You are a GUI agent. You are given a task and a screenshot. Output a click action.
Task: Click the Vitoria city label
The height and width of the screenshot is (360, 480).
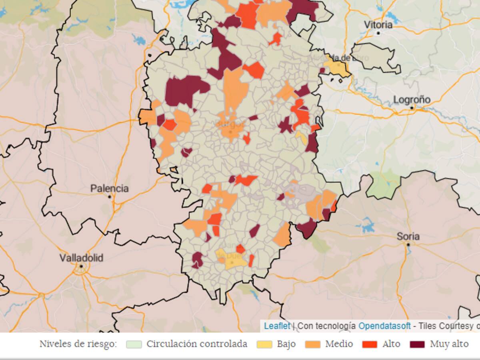pos(378,25)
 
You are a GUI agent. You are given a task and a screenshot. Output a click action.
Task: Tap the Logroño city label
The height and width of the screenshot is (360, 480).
pos(412,100)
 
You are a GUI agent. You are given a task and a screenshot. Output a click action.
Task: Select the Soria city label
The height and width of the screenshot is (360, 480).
pos(408,236)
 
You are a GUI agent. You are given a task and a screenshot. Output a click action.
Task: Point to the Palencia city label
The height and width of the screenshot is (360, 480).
pos(109,188)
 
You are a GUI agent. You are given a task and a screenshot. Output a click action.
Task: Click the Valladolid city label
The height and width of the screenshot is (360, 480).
pos(81,258)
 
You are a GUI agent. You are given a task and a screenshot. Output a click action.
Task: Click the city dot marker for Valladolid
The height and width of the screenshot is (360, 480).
pos(81,266)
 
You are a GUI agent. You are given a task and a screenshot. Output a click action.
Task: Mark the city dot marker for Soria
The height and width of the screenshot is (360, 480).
pos(408,244)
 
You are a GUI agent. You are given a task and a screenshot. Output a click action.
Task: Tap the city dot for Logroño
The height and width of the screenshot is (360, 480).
pos(412,108)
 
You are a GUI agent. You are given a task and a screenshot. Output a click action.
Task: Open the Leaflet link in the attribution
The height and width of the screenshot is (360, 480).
pos(277,326)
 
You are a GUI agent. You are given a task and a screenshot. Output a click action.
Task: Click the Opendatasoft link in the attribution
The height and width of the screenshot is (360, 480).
pos(384,326)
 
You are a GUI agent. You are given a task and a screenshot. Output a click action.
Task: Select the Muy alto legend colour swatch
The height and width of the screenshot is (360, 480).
pos(417,344)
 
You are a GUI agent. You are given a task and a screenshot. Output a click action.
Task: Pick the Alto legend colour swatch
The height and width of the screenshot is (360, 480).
pos(370,344)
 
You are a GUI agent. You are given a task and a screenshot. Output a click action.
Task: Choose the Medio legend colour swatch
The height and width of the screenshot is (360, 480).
pos(312,344)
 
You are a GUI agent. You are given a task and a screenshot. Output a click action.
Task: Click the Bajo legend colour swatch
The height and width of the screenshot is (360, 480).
pos(264,344)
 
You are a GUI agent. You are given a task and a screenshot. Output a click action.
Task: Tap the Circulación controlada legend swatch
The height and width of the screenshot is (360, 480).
pos(134,344)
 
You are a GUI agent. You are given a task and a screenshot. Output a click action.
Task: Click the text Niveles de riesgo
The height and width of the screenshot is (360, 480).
pos(78,344)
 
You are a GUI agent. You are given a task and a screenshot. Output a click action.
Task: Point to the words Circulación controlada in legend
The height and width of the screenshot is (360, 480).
pos(196,344)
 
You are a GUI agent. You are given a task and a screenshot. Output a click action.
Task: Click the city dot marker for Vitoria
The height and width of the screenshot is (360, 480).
pos(378,33)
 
